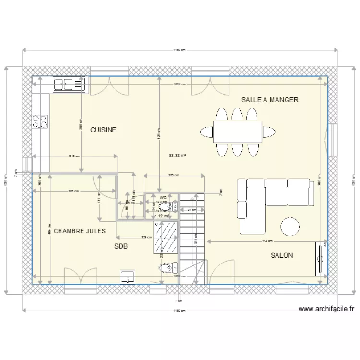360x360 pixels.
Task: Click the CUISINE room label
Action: pos(103,130)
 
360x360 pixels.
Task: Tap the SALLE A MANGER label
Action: pos(270,100)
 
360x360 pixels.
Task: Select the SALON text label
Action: pos(282,255)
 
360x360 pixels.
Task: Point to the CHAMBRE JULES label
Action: pos(80,231)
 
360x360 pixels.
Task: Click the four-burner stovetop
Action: pos(40,121)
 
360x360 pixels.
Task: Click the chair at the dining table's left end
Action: pos(207,132)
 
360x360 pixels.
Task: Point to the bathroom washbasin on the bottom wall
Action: pos(128,277)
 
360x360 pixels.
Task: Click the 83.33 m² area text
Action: pos(178,156)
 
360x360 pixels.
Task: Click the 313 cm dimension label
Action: pos(74,156)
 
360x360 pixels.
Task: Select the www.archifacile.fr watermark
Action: pos(326,310)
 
